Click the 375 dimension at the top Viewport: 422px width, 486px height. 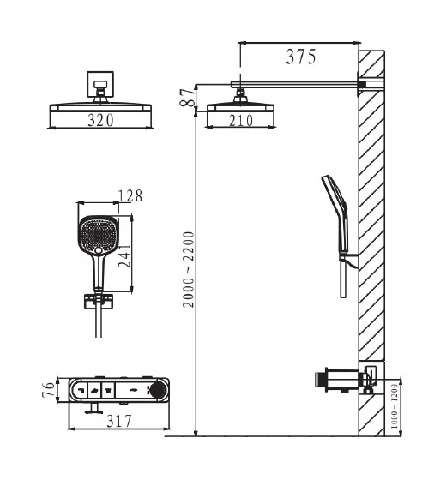300,57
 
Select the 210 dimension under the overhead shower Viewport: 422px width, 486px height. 241,121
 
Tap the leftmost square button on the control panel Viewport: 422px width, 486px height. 78,389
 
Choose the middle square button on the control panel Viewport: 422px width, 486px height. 93,389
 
